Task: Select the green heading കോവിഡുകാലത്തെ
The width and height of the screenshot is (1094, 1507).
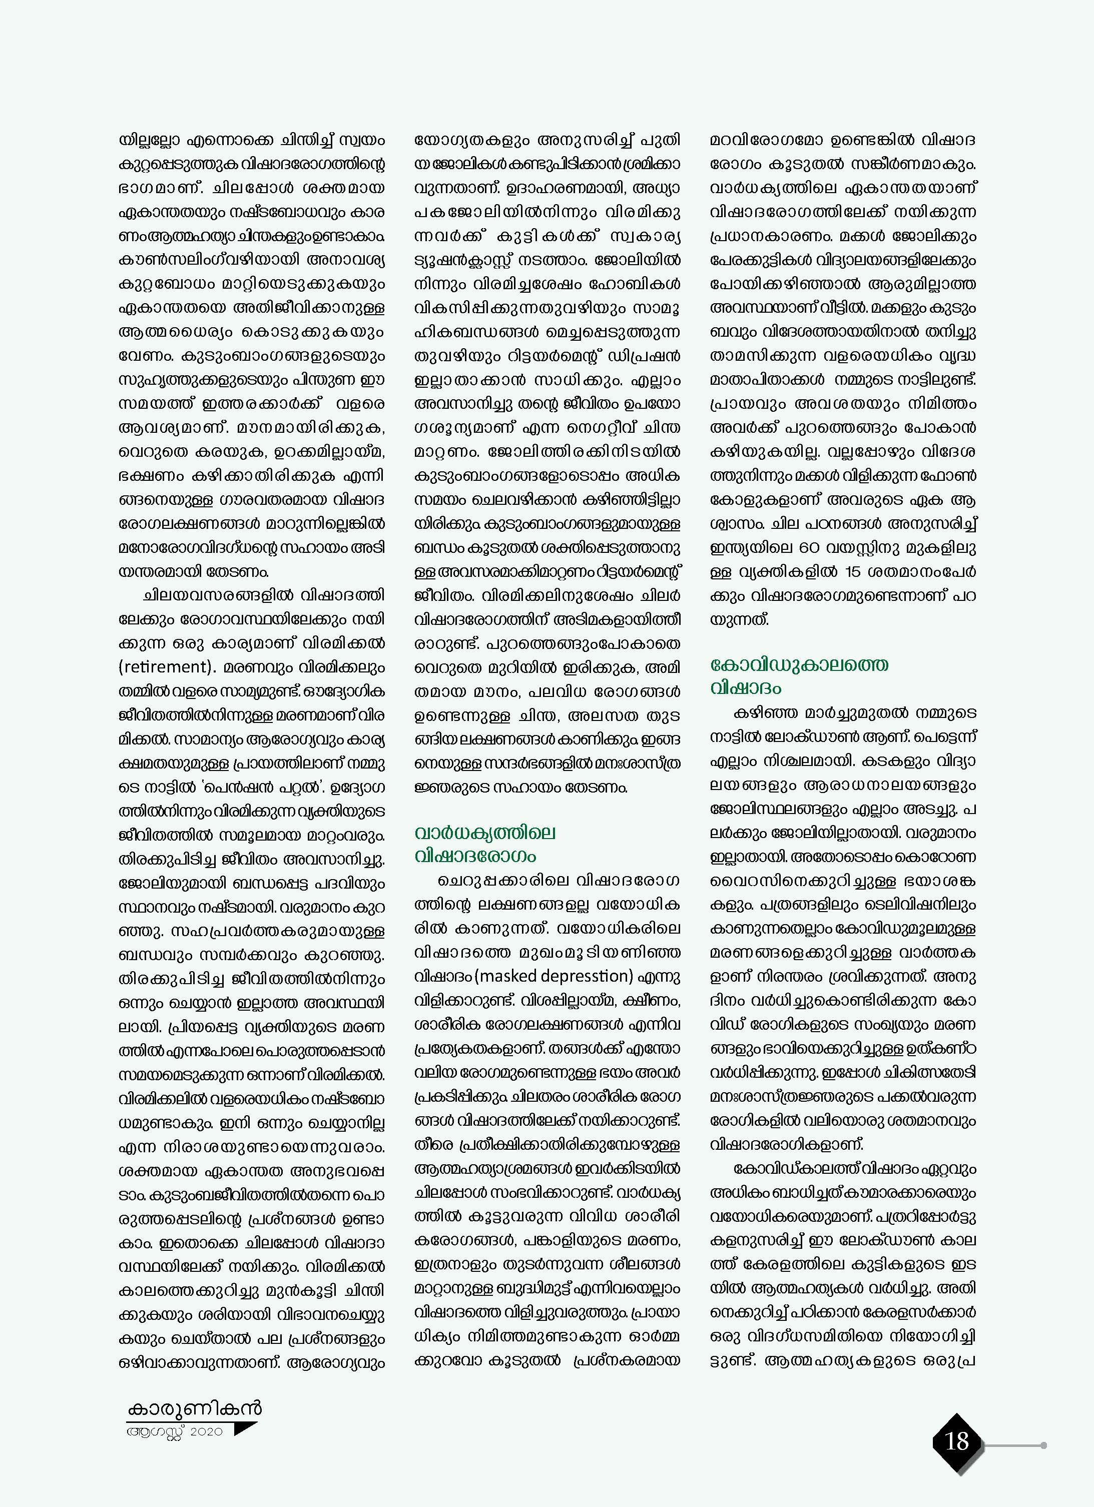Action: coord(799,664)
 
